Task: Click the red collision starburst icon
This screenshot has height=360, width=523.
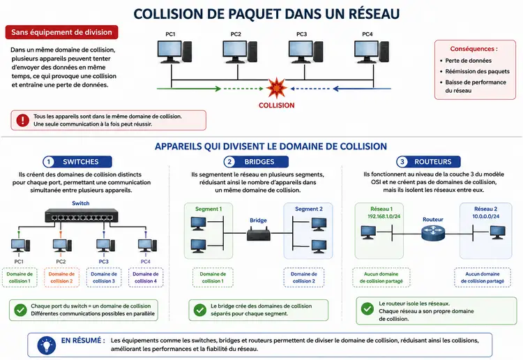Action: point(277,89)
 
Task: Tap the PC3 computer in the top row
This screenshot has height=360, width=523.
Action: point(305,52)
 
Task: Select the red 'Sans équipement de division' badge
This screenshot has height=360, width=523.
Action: point(61,32)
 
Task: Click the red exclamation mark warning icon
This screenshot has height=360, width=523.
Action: point(23,120)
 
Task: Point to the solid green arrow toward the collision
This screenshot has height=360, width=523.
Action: point(189,89)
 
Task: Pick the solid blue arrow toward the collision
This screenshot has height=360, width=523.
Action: point(362,89)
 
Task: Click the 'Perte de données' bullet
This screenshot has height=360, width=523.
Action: point(468,61)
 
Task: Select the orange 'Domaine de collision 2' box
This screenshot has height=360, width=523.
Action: point(61,277)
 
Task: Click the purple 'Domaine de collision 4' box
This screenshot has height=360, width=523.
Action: point(146,277)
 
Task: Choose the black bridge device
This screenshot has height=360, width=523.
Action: point(259,233)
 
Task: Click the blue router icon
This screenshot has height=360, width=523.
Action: point(433,232)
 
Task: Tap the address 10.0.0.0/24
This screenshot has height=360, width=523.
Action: point(485,216)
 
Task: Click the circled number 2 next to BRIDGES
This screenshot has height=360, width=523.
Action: point(229,162)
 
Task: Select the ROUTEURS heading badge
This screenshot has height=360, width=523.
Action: point(429,162)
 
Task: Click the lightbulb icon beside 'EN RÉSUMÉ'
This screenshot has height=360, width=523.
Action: point(47,345)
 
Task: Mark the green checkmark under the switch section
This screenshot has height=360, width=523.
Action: point(20,310)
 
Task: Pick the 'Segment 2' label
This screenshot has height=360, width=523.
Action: point(308,209)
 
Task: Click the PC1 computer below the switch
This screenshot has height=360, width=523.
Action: point(20,246)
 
